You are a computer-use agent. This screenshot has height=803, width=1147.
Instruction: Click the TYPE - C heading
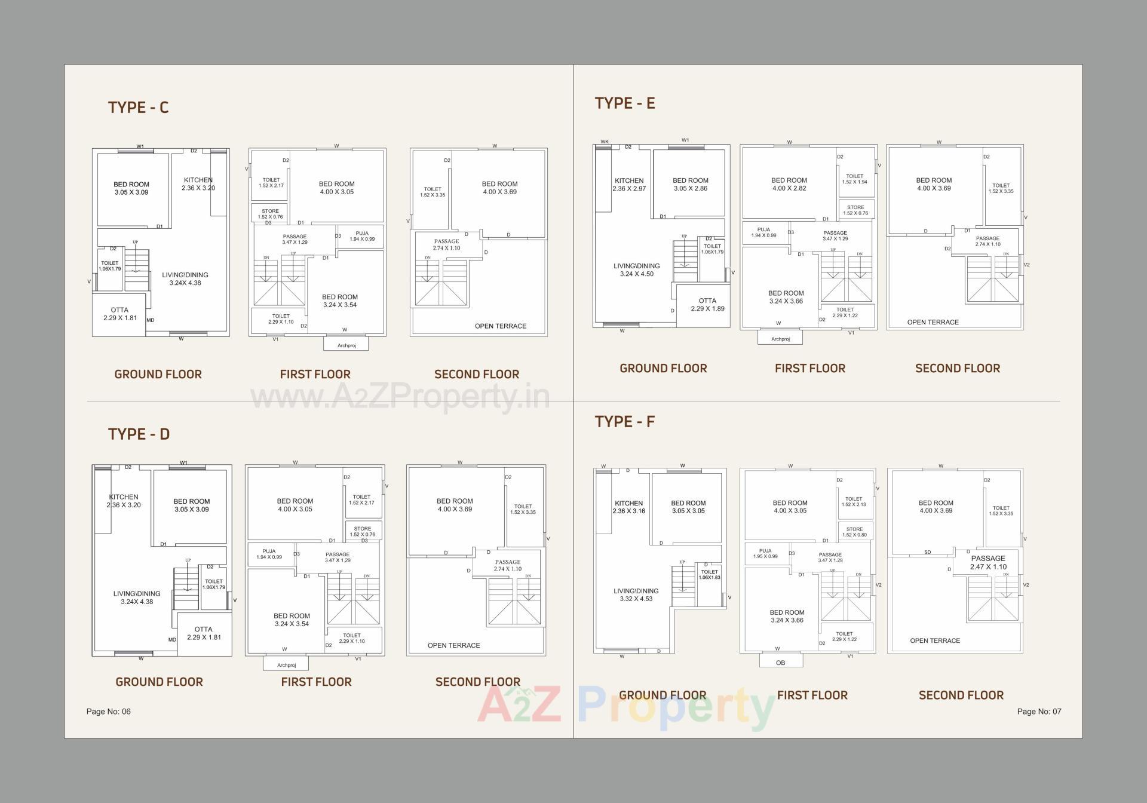(138, 108)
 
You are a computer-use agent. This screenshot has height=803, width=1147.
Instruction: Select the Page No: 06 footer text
(108, 712)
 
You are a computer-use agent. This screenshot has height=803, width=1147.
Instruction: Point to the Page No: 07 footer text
(1039, 712)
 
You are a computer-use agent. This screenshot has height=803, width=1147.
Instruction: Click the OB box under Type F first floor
(780, 663)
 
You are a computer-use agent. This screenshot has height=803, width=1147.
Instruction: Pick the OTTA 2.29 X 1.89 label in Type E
(707, 305)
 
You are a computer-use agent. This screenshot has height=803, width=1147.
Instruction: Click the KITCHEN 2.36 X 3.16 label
(628, 507)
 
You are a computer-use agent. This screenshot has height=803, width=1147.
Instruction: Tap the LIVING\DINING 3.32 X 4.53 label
(636, 594)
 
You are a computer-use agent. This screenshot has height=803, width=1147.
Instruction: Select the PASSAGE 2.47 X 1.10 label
(988, 563)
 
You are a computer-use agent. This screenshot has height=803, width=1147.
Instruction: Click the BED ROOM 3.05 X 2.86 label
(690, 184)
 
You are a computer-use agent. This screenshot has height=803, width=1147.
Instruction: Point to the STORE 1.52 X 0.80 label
(854, 532)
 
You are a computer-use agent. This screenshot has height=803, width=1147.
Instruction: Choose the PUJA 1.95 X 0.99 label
(765, 553)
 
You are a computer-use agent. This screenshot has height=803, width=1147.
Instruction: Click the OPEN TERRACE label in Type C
(500, 326)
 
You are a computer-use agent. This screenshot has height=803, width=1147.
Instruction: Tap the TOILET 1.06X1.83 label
(709, 575)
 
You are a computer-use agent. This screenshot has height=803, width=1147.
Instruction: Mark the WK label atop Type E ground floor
(604, 142)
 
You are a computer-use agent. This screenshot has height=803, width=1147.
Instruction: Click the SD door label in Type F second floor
(927, 552)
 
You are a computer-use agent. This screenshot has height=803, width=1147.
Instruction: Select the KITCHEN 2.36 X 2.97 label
(629, 185)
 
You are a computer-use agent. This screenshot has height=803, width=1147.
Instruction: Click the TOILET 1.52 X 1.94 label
(854, 179)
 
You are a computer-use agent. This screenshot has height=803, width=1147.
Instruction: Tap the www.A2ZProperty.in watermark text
(400, 396)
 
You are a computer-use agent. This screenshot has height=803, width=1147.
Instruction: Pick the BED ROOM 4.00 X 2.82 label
(789, 184)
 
